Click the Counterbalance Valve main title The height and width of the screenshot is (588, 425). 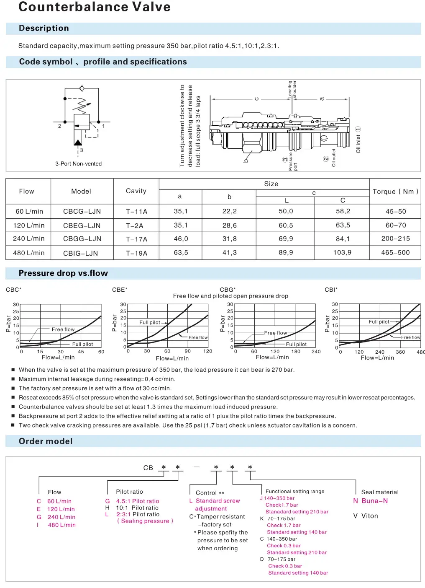pyautogui.click(x=95, y=7)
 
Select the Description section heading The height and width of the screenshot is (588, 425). pyautogui.click(x=44, y=28)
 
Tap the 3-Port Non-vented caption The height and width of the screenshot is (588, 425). pyautogui.click(x=78, y=164)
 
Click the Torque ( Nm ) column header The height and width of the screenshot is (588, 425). pyautogui.click(x=395, y=192)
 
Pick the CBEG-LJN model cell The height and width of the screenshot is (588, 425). pyautogui.click(x=82, y=225)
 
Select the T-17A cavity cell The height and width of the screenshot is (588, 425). pyautogui.click(x=136, y=239)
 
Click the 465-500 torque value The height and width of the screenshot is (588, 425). pyautogui.click(x=395, y=253)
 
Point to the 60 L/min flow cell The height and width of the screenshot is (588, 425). pyautogui.click(x=29, y=211)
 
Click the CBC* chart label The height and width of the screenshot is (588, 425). pyautogui.click(x=13, y=290)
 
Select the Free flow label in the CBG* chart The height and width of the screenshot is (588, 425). pyautogui.click(x=275, y=333)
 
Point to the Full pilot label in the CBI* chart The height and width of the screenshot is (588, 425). pyautogui.click(x=379, y=322)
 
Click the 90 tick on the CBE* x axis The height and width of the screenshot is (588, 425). pyautogui.click(x=187, y=351)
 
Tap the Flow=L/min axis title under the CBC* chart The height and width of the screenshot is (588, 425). pyautogui.click(x=58, y=357)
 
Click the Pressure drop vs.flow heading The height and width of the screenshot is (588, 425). pyautogui.click(x=63, y=273)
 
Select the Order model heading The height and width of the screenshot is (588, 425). pyautogui.click(x=46, y=441)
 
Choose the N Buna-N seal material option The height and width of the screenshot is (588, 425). pyautogui.click(x=370, y=501)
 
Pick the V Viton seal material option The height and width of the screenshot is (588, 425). pyautogui.click(x=365, y=516)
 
